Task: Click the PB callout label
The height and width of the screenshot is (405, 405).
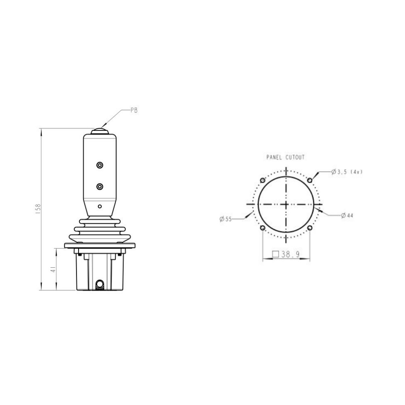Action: [x=134, y=110]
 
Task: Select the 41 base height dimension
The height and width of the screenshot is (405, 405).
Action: [x=53, y=269]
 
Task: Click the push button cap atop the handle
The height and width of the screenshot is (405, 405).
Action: [x=100, y=131]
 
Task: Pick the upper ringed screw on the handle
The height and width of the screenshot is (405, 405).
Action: [x=100, y=165]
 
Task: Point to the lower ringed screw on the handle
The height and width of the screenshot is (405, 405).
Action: [x=100, y=186]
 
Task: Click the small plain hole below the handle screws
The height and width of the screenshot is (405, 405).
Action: [x=100, y=206]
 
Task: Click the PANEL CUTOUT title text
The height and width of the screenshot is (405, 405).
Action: [x=286, y=157]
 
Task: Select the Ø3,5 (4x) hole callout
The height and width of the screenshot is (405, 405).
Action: [x=347, y=171]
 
